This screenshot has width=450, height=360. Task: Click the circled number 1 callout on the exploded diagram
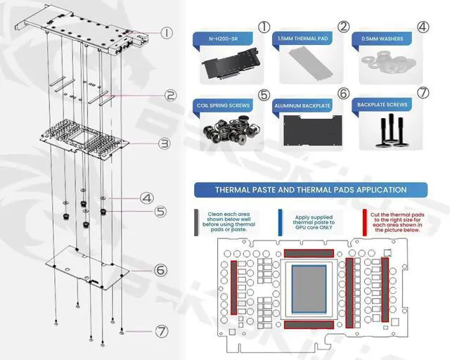(166, 32)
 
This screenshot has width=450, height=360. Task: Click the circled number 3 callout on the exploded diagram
(164, 143)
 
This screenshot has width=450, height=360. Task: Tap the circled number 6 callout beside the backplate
(160, 269)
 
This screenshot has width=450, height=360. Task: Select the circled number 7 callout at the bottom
(162, 330)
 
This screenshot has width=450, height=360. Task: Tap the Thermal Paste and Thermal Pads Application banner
(310, 189)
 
